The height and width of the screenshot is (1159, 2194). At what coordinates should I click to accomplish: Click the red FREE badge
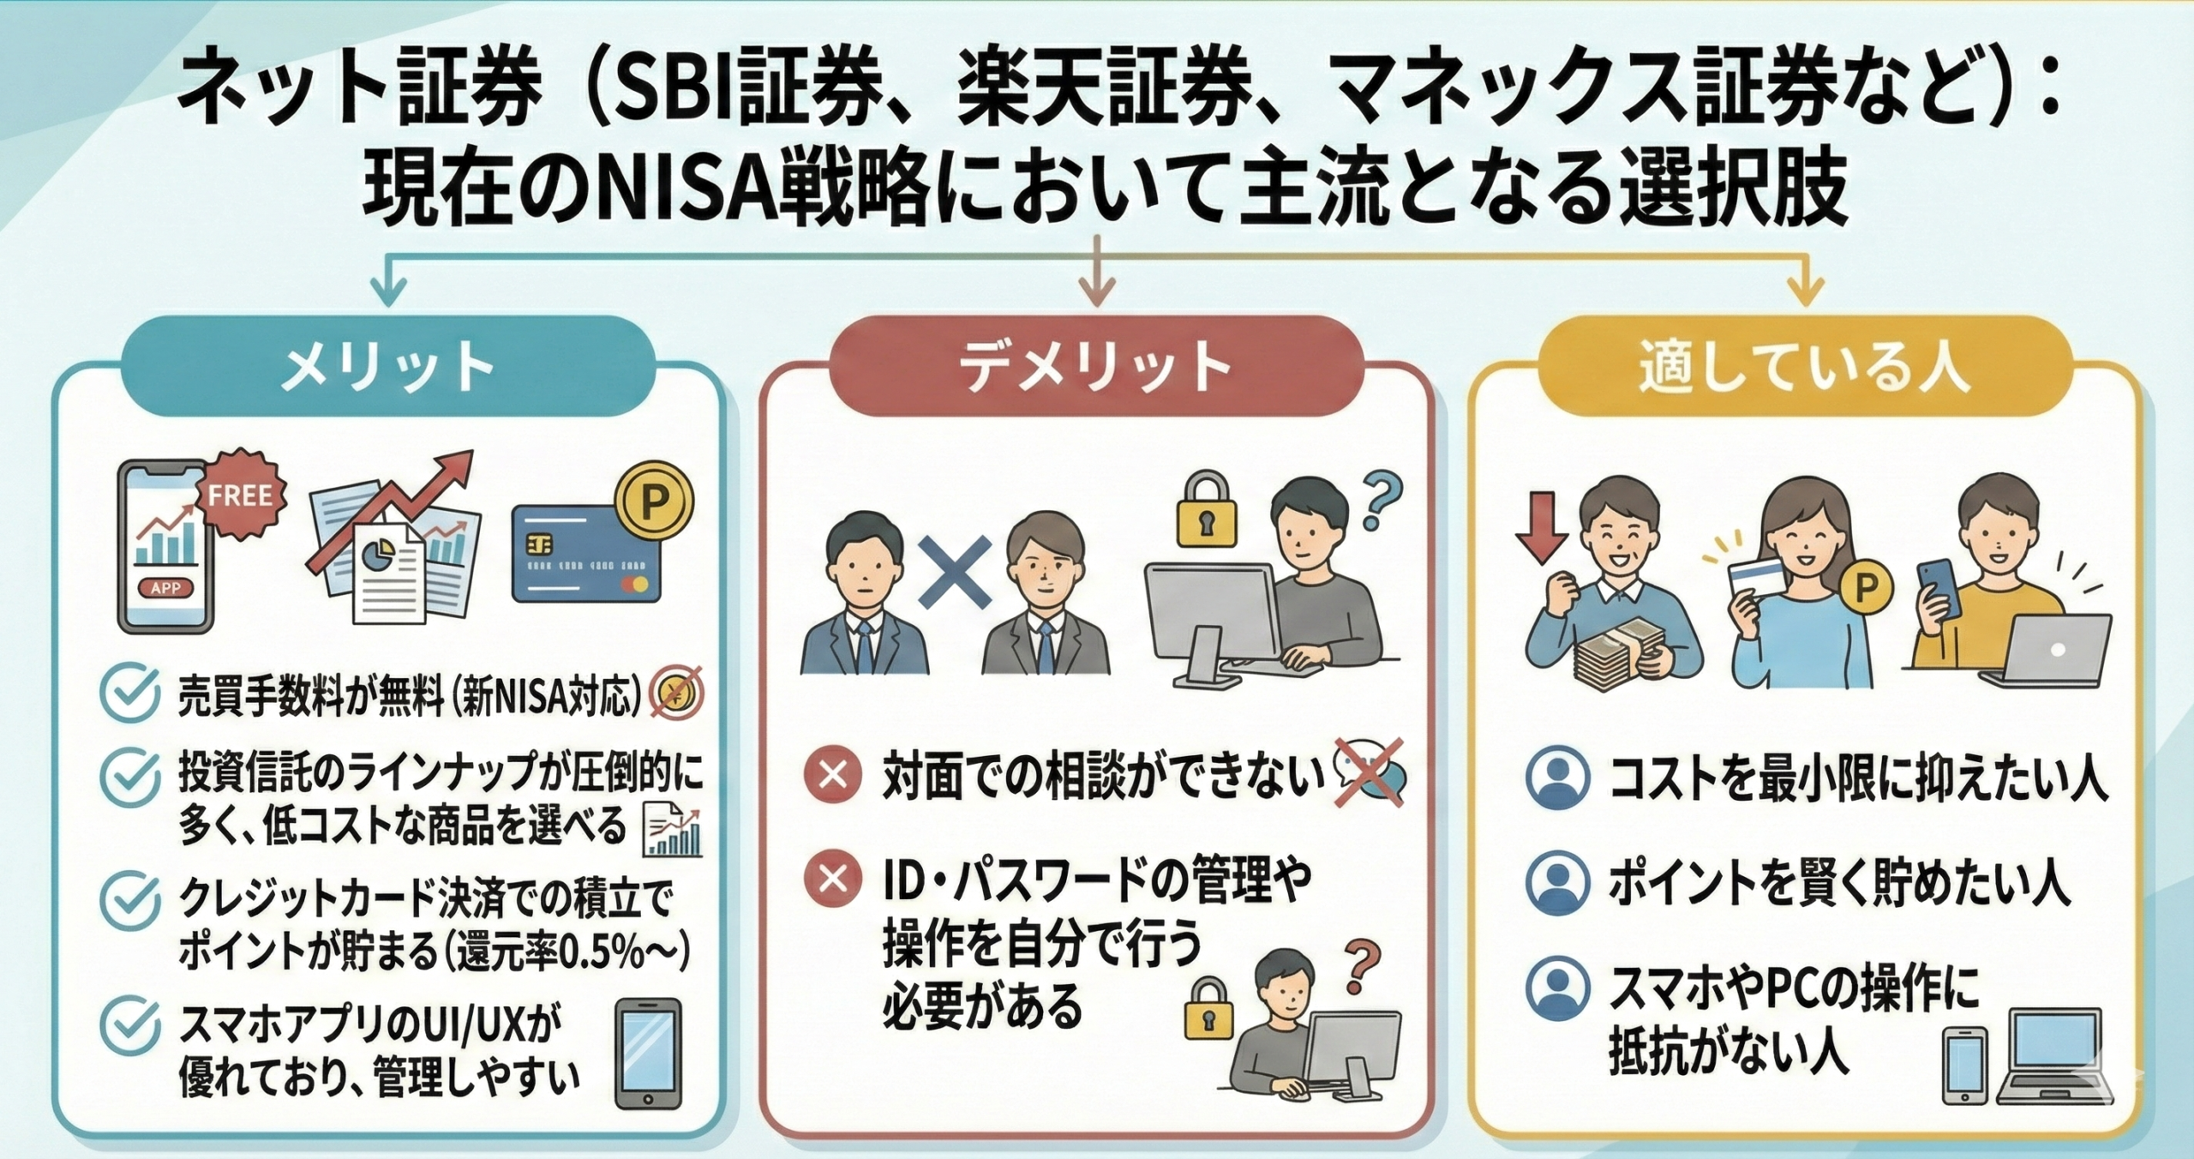click(240, 495)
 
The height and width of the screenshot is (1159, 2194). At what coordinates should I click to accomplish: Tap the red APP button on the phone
click(165, 587)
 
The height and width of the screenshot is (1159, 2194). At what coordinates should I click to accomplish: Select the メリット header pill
click(388, 367)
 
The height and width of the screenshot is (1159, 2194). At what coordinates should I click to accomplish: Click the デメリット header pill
click(1095, 367)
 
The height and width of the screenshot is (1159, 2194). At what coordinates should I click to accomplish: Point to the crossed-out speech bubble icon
click(1370, 773)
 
